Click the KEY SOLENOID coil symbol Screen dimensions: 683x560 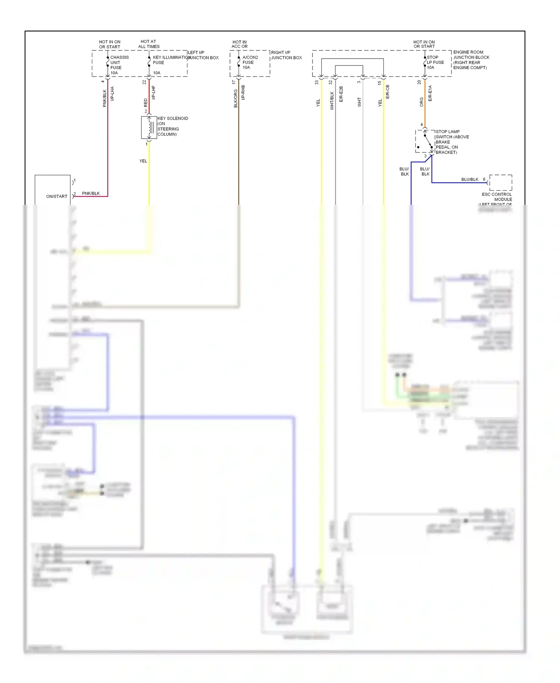(x=149, y=127)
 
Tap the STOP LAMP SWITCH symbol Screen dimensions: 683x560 (x=425, y=141)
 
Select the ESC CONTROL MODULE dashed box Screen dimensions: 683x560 (x=500, y=183)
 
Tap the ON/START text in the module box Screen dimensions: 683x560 (x=57, y=196)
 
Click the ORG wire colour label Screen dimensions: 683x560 (x=421, y=102)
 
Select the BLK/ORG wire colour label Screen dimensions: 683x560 (x=236, y=98)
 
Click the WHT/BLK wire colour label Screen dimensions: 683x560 (x=332, y=101)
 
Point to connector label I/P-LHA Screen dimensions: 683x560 (x=112, y=93)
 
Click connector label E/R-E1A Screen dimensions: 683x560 (x=430, y=93)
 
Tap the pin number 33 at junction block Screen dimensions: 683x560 (x=317, y=82)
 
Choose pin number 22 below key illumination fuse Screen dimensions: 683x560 (x=144, y=82)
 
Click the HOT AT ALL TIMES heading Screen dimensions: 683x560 (x=149, y=44)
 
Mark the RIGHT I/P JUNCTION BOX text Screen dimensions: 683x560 (x=286, y=55)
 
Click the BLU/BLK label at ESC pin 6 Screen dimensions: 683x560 (x=469, y=179)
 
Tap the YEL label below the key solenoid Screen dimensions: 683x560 (x=143, y=161)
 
